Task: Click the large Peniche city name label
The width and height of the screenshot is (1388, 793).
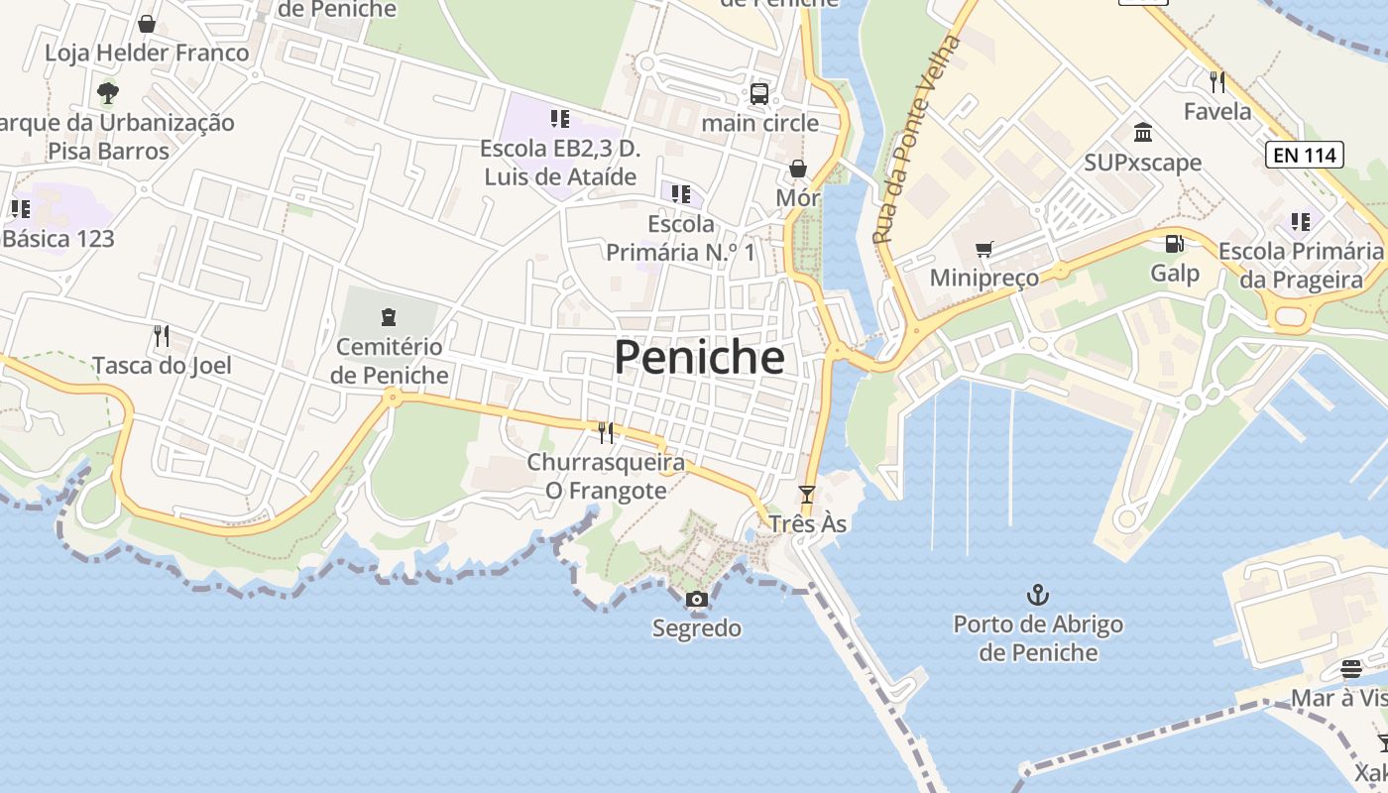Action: pyautogui.click(x=699, y=357)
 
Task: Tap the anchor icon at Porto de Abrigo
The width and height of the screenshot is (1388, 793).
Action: pyautogui.click(x=1037, y=595)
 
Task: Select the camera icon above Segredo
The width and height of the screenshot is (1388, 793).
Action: pyautogui.click(x=696, y=599)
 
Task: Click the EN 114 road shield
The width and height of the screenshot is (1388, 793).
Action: pyautogui.click(x=1304, y=155)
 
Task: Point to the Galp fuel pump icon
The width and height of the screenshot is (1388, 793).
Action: pyautogui.click(x=1174, y=243)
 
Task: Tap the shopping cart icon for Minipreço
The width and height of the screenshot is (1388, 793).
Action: pyautogui.click(x=983, y=249)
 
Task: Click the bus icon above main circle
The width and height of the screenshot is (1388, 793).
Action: pyautogui.click(x=759, y=94)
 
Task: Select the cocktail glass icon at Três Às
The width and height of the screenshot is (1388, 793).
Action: pyautogui.click(x=807, y=494)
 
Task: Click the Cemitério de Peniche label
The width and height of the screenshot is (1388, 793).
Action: pyautogui.click(x=389, y=361)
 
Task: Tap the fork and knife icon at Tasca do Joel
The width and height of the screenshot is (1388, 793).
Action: pyautogui.click(x=162, y=336)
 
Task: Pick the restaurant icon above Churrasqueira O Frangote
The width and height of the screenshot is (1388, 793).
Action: pyautogui.click(x=605, y=432)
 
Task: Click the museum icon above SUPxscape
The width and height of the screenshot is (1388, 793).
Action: pyautogui.click(x=1142, y=133)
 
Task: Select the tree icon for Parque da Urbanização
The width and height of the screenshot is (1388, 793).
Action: pyautogui.click(x=108, y=93)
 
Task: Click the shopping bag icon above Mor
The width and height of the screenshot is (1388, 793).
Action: pyautogui.click(x=797, y=170)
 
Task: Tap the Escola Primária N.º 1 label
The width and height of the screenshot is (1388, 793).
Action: pyautogui.click(x=680, y=238)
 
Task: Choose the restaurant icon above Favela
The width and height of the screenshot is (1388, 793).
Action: pyautogui.click(x=1217, y=81)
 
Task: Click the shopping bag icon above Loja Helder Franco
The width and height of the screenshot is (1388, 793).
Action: pyautogui.click(x=147, y=24)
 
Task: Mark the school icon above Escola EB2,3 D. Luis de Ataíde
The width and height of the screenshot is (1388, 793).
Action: pyautogui.click(x=559, y=119)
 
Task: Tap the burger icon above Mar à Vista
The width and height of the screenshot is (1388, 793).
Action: pyautogui.click(x=1350, y=669)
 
